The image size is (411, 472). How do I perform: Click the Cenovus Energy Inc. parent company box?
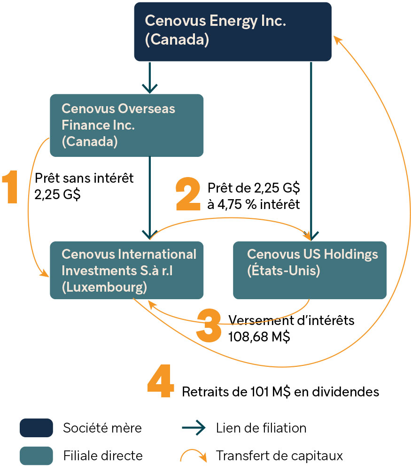(x=233, y=31)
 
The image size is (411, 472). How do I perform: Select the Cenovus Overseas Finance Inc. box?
(x=126, y=125)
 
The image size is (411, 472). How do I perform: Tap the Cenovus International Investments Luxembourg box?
(x=126, y=270)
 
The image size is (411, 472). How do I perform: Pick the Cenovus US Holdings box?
(x=310, y=270)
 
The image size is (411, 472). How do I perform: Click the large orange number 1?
(x=10, y=186)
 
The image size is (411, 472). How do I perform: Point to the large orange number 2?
(x=188, y=194)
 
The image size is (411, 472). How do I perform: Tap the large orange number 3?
(x=209, y=325)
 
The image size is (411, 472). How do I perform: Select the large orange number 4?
(x=161, y=380)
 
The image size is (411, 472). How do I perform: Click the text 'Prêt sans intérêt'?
(x=84, y=178)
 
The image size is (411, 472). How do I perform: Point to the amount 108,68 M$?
(x=259, y=337)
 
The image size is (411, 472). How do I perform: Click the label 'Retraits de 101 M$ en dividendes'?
(x=280, y=392)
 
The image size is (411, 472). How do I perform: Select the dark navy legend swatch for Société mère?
(x=37, y=428)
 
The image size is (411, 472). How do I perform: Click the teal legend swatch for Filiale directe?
(x=37, y=456)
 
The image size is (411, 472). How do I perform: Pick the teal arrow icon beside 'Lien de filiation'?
(x=194, y=428)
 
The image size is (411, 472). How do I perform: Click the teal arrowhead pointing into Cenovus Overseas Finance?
(x=150, y=88)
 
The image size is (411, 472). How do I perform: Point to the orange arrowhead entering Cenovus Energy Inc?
(x=337, y=40)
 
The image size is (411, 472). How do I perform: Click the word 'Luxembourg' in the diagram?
(x=104, y=287)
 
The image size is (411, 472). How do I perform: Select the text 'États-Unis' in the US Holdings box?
(x=283, y=271)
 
